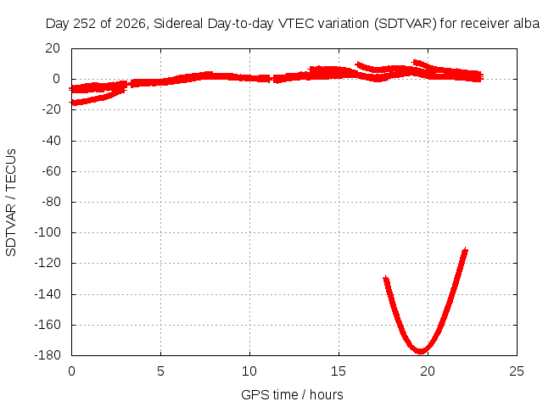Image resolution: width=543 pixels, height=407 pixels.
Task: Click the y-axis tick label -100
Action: (48, 232)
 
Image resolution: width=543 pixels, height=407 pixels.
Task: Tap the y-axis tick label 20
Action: (53, 48)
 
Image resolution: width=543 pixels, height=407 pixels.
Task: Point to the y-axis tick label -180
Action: (48, 355)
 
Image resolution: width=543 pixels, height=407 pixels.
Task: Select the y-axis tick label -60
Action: (51, 171)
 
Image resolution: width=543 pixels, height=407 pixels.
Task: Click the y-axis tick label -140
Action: (48, 294)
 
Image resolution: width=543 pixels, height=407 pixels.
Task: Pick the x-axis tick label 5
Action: (160, 371)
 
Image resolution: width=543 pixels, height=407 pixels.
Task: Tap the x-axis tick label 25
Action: (517, 371)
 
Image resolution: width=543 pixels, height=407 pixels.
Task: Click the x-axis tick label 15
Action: (339, 371)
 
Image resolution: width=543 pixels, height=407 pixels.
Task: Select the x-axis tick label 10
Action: (249, 371)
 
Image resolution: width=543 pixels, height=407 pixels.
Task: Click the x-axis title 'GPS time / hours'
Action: (292, 394)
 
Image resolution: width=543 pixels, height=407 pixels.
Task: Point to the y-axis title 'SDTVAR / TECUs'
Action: (11, 203)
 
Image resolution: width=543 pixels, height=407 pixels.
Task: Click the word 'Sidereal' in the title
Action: (178, 24)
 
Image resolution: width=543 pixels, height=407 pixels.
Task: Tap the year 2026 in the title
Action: (131, 24)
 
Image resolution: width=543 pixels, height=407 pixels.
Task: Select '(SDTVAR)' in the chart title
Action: (406, 24)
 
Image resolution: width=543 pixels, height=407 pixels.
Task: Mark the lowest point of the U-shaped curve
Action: (421, 351)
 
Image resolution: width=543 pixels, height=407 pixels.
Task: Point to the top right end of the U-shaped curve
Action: (465, 250)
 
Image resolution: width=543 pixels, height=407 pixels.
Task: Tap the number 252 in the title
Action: (85, 24)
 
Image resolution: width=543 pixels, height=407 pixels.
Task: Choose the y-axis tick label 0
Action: (57, 79)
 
